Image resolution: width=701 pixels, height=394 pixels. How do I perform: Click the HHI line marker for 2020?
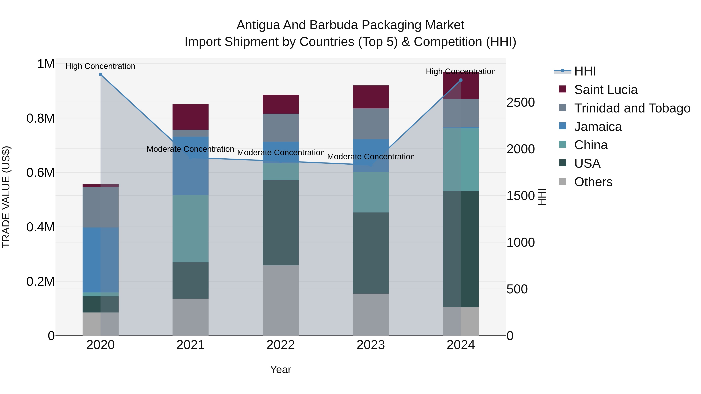[100, 75]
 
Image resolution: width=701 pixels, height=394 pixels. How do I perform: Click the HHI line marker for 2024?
[461, 80]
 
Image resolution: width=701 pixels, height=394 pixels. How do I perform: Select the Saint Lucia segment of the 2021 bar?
[190, 117]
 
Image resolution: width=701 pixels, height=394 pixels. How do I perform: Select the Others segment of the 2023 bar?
[371, 314]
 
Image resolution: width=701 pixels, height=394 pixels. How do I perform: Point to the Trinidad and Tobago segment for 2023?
[371, 124]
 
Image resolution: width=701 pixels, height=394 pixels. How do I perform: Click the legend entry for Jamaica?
[598, 127]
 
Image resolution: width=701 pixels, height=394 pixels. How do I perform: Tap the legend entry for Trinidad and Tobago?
[632, 108]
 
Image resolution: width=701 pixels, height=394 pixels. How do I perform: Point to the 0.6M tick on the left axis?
[41, 173]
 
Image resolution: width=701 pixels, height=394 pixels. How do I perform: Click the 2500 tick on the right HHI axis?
[520, 103]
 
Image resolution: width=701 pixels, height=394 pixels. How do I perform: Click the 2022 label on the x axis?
[281, 345]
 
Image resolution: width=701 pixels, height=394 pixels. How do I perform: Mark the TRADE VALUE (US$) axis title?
[6, 197]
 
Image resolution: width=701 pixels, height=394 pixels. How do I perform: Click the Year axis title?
[281, 369]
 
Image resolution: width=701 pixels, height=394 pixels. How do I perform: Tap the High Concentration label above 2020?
[100, 66]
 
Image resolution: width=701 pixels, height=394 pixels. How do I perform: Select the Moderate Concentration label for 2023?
[371, 157]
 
